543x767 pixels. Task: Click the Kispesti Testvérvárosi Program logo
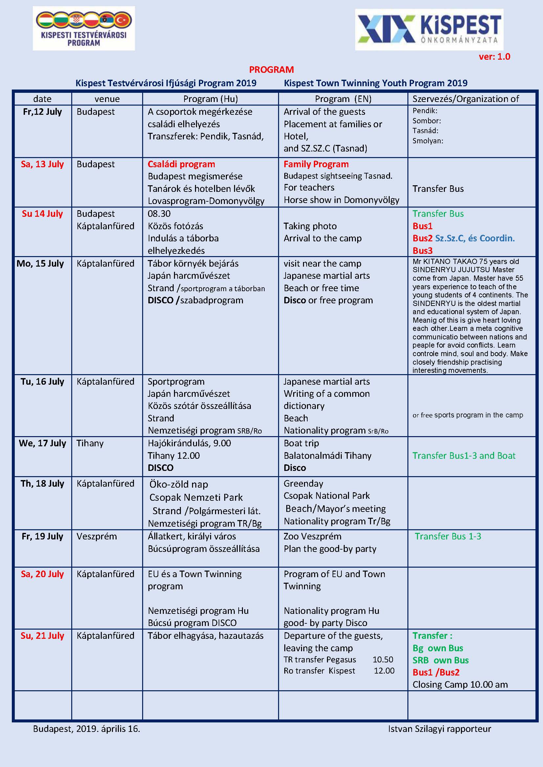point(84,29)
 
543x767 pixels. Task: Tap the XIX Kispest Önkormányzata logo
point(429,30)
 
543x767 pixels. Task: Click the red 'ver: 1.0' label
point(494,56)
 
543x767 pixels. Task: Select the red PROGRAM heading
point(271,70)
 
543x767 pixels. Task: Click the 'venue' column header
point(107,99)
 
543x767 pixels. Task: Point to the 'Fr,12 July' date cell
point(42,111)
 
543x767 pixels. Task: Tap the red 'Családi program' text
point(181,164)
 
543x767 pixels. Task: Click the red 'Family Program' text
point(316,164)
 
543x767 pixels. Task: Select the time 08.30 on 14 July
point(159,213)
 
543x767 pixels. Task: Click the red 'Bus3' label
point(422,251)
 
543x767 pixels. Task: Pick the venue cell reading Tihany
point(90,443)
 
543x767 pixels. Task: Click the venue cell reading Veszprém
point(97,536)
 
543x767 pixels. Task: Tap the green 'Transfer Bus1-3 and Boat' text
point(464,456)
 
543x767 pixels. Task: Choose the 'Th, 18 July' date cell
point(42,483)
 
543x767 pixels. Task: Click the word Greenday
point(303,483)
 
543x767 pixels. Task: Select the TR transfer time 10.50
point(383,659)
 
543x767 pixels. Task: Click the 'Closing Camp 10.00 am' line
point(460,684)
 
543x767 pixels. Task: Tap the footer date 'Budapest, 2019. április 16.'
point(87,729)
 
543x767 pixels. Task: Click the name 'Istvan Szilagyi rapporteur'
point(439,729)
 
